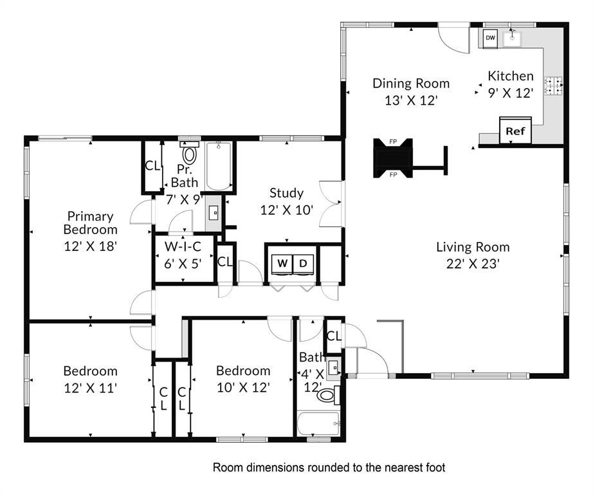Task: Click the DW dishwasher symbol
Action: (x=491, y=38)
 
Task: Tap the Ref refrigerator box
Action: (x=515, y=131)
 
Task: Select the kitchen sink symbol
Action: (x=512, y=38)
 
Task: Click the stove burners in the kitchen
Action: (x=553, y=86)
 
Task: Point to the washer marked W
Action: (x=282, y=264)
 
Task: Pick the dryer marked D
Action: (x=303, y=264)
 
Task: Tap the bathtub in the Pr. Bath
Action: (x=219, y=166)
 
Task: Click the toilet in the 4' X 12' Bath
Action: (x=327, y=395)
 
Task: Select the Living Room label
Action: (x=473, y=247)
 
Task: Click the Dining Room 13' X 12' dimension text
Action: (x=411, y=100)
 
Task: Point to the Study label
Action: (x=286, y=193)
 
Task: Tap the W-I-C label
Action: (x=183, y=246)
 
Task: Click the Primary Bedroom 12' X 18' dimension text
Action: (x=91, y=246)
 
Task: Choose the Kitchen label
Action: (x=511, y=76)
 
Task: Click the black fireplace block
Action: (x=392, y=158)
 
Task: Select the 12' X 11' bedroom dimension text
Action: (x=91, y=388)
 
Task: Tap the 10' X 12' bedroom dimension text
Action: (x=243, y=388)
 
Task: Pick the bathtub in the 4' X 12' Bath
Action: (x=319, y=424)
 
